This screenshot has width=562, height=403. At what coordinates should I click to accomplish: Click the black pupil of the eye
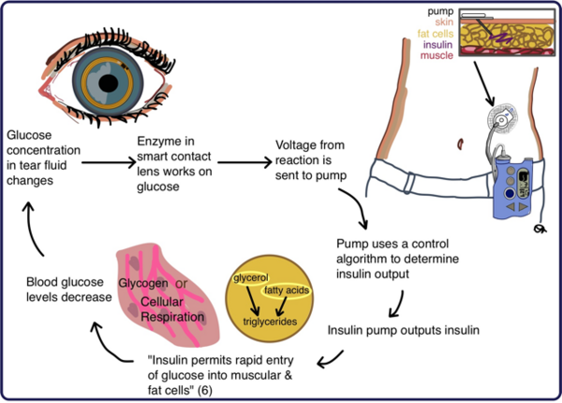(111, 83)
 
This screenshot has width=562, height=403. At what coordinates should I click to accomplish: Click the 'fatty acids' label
(288, 290)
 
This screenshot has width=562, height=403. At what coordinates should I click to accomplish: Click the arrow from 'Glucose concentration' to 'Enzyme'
(102, 162)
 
